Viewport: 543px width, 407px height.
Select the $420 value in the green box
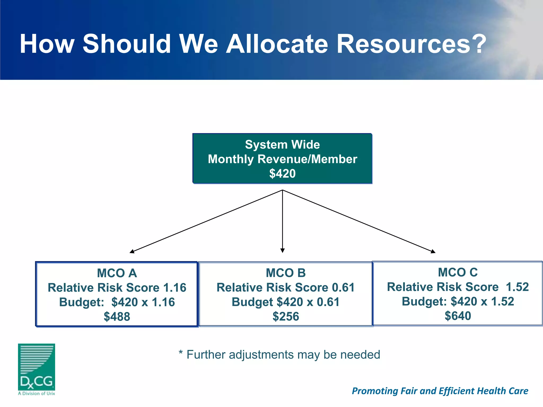pos(282,174)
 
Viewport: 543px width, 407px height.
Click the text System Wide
pos(282,145)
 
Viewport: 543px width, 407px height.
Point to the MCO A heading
pos(117,273)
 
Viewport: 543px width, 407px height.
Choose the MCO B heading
pos(286,273)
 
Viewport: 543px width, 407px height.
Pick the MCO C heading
pos(458,272)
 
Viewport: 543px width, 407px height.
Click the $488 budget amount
pos(117,317)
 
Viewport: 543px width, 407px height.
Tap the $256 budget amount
pos(286,317)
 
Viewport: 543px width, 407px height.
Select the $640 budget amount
pos(458,316)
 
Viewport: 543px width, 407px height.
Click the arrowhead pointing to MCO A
pos(132,251)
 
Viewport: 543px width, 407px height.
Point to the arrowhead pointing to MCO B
pos(282,250)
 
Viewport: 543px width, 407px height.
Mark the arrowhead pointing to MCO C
pos(433,251)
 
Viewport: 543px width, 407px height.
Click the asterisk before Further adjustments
pos(181,353)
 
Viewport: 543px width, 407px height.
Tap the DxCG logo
pos(37,369)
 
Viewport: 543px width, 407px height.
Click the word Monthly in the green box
pos(231,159)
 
